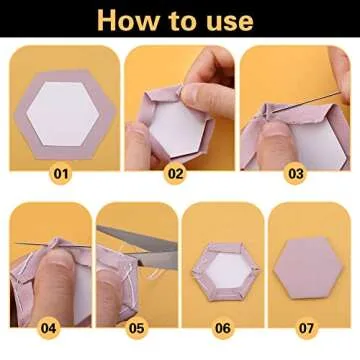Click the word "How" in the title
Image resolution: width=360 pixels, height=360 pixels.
tap(127, 19)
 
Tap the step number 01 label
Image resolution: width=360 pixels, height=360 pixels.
tap(62, 173)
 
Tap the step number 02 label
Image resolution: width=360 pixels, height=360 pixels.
tap(177, 173)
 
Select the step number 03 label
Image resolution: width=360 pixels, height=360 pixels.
tap(295, 173)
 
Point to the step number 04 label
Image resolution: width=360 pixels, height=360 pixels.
tap(47, 327)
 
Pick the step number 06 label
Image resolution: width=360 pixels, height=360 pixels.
tap(222, 327)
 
